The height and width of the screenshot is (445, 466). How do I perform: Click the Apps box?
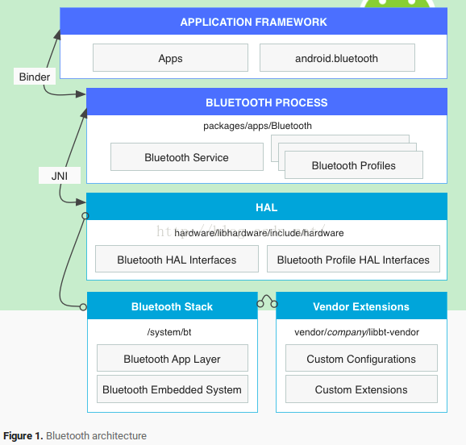(170, 58)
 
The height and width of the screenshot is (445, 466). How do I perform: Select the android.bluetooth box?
(337, 58)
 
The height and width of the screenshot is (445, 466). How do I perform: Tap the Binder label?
(35, 77)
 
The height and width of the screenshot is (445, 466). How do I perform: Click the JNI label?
(60, 176)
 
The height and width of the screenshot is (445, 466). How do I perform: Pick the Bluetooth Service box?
(187, 157)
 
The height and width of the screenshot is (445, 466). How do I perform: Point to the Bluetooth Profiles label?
(354, 165)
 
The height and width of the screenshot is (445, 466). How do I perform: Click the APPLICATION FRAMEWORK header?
(253, 22)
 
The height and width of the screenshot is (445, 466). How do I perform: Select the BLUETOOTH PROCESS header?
(267, 102)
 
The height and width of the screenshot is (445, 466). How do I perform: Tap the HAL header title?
(267, 207)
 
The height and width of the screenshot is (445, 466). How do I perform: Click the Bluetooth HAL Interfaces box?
(177, 259)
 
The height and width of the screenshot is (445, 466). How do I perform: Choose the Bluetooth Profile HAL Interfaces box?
(353, 259)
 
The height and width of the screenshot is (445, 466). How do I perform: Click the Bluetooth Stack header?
(173, 306)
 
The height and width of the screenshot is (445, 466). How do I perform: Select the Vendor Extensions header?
(361, 306)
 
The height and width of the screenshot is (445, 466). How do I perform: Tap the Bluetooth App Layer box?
(173, 358)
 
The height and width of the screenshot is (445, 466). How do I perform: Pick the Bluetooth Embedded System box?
(173, 389)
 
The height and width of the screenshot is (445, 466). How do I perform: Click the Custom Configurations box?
(361, 358)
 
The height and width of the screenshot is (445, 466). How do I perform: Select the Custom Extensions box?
(361, 389)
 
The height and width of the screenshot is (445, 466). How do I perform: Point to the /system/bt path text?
(169, 332)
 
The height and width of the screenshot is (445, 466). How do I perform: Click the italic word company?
(347, 332)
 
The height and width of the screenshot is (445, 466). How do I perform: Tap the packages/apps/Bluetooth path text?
(258, 126)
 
